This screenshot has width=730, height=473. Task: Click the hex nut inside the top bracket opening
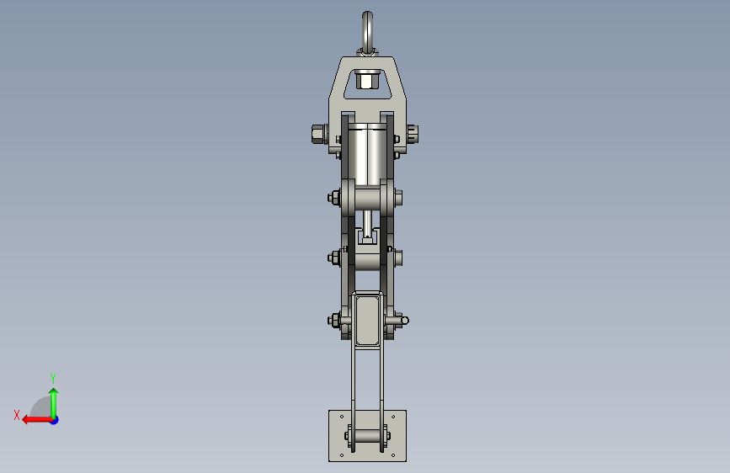tap(367, 80)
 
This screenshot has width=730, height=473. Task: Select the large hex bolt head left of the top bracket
tap(317, 134)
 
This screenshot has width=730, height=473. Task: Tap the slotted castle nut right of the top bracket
tap(413, 134)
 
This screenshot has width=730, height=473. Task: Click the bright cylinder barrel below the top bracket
tap(367, 155)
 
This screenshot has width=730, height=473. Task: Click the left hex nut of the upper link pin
tap(333, 198)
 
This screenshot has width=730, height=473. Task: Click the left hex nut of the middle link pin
tap(333, 258)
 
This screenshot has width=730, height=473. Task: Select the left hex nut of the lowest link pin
tap(333, 321)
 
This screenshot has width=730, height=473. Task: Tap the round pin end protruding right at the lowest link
tap(404, 321)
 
